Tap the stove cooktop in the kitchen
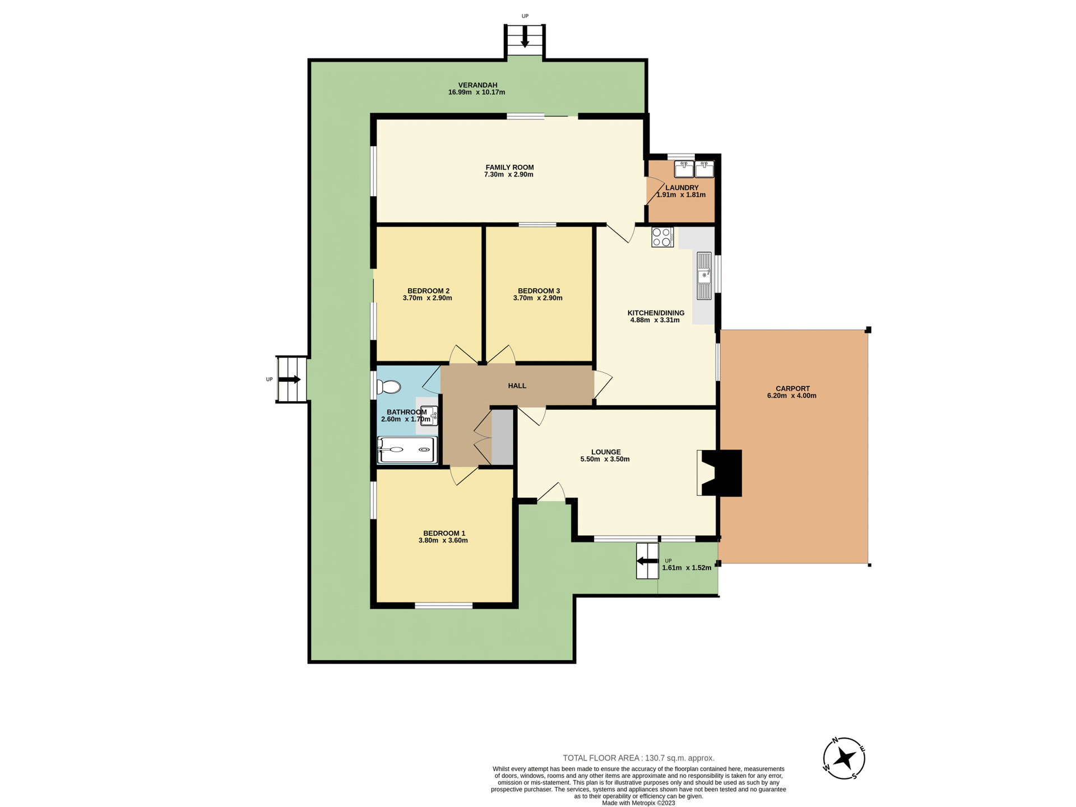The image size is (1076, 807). tap(662, 237)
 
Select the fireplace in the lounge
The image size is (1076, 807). tap(721, 473)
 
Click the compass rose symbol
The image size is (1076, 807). tap(843, 759)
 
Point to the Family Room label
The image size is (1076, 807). tap(509, 167)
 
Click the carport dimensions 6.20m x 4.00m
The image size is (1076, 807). tap(791, 396)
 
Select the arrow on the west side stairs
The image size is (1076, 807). tap(290, 379)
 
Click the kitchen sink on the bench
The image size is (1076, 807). tap(704, 276)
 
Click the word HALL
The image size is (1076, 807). tap(517, 386)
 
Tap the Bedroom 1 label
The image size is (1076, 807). tap(444, 533)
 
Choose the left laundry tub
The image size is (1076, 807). tap(684, 169)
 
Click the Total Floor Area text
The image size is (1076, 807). tap(638, 758)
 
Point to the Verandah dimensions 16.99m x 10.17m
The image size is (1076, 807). tap(476, 92)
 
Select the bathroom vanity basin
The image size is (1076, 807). tap(429, 415)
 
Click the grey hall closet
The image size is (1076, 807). tap(502, 437)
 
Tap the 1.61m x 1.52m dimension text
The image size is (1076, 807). tap(687, 568)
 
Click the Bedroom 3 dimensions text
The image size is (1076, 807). tap(537, 298)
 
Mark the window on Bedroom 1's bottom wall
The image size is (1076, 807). tap(443, 605)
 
